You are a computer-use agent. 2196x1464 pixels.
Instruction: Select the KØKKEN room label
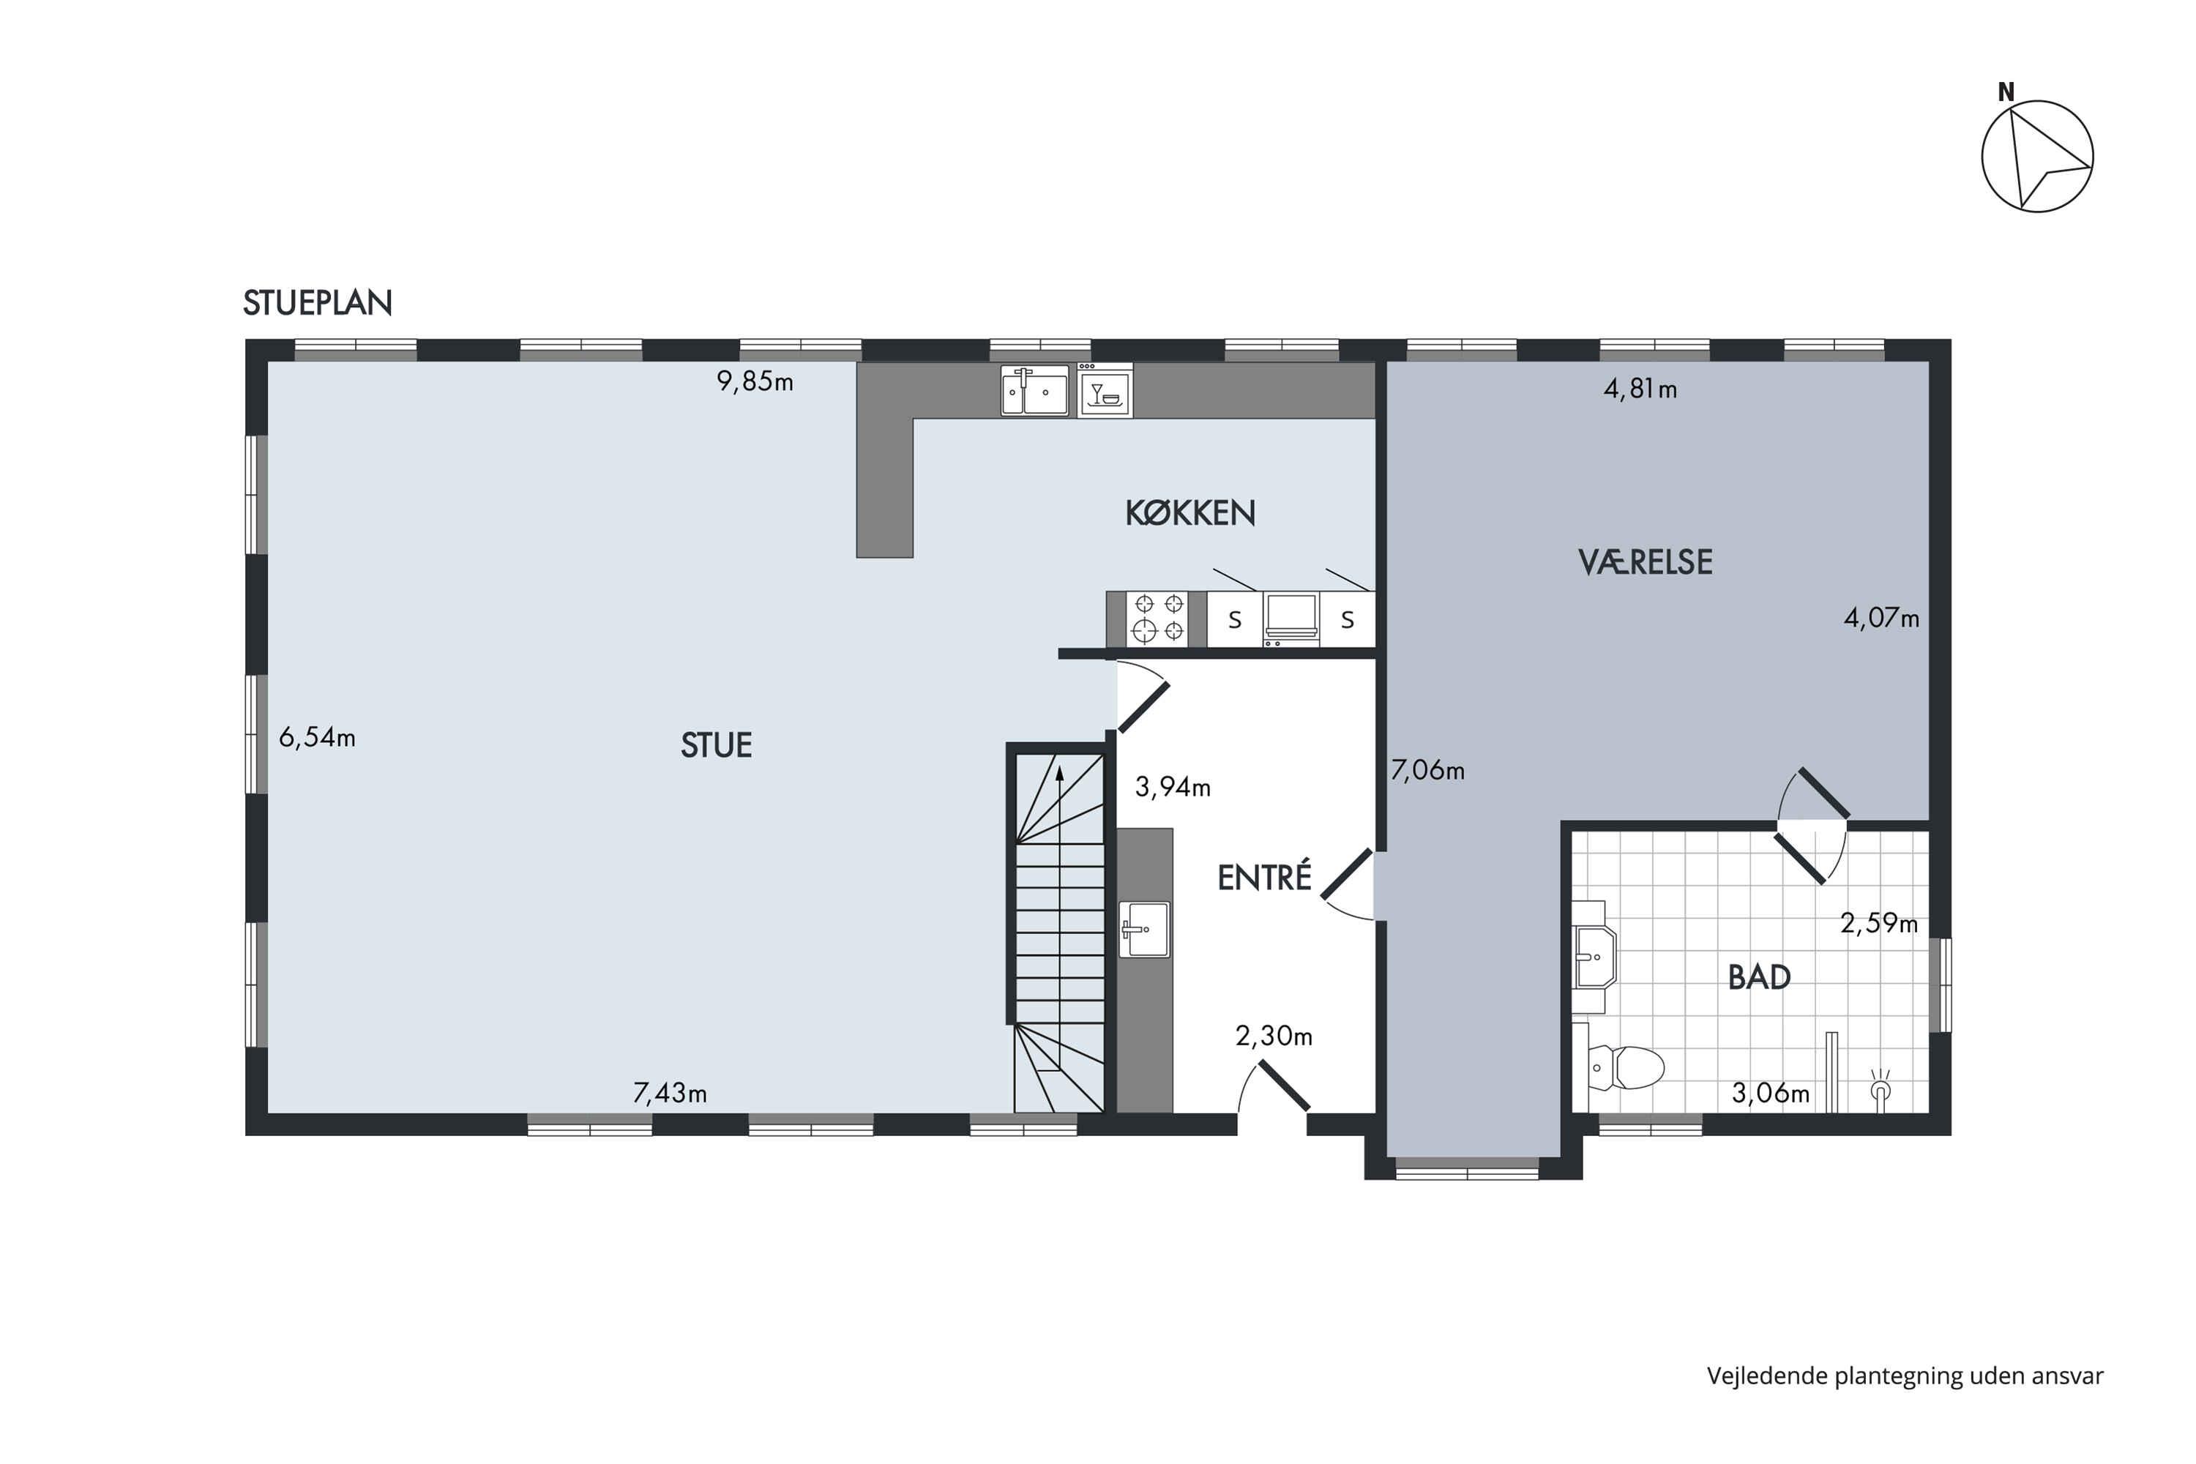click(1189, 512)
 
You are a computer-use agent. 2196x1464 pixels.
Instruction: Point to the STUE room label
click(716, 745)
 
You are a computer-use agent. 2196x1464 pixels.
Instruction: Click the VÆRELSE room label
click(1645, 562)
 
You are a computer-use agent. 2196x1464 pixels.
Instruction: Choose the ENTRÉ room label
click(1264, 877)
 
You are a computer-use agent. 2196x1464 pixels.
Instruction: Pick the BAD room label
click(1759, 976)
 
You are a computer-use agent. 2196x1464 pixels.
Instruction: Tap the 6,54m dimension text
click(316, 738)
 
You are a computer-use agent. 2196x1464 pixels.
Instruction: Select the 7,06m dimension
click(1427, 770)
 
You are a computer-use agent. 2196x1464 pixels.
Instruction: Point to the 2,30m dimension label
click(1274, 1036)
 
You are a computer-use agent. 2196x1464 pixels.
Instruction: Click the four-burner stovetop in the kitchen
click(1157, 618)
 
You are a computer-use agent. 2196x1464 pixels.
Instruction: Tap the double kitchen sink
click(1034, 390)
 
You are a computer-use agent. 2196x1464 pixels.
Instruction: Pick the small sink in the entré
click(1143, 929)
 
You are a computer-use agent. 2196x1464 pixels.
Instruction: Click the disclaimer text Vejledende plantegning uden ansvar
click(1905, 1376)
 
